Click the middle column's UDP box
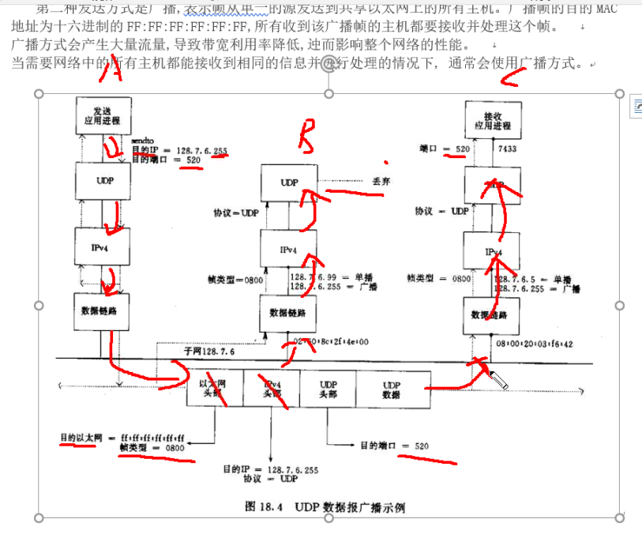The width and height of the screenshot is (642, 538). coord(289,182)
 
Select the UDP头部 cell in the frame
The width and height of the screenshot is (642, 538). coord(328,388)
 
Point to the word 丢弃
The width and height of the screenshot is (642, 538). coord(382,181)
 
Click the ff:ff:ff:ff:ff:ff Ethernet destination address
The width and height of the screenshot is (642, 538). coord(152,437)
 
